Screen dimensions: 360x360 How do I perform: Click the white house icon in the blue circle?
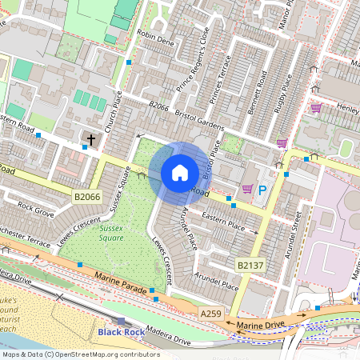[180, 172]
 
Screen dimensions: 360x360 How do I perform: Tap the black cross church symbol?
[90, 141]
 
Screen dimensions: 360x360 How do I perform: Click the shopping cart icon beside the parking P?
[247, 189]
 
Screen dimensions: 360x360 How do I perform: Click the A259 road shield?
[210, 314]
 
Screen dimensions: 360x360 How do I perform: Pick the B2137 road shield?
[250, 263]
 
